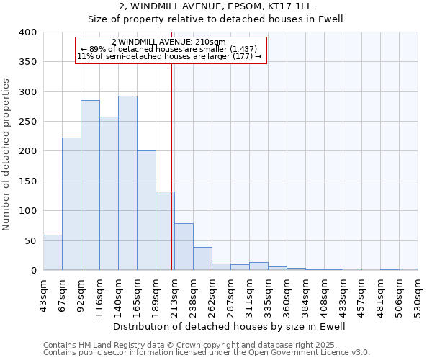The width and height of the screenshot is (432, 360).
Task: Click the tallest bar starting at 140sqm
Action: [127, 183]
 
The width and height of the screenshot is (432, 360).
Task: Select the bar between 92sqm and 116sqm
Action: [90, 185]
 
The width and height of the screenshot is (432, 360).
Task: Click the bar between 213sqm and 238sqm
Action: [184, 246]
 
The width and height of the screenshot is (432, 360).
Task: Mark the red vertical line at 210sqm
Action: [171, 166]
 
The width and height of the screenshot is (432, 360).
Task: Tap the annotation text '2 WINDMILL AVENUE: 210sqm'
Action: [170, 42]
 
